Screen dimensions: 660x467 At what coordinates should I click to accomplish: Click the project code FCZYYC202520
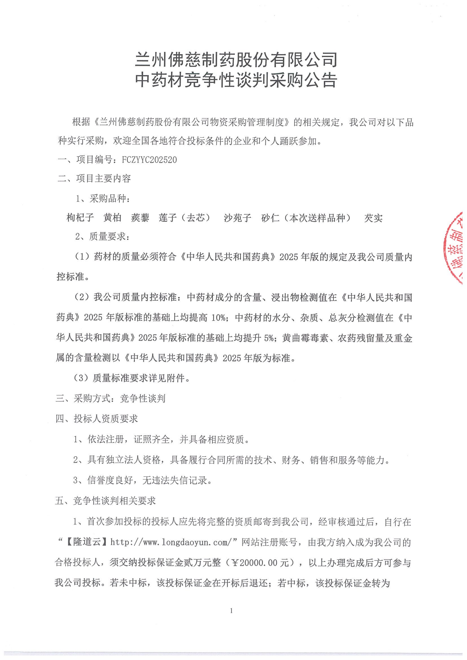click(149, 160)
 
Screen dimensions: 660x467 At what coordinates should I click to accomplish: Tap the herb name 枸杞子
click(80, 218)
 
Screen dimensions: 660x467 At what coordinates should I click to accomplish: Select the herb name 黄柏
click(112, 218)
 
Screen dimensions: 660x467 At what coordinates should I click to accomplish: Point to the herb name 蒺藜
click(140, 218)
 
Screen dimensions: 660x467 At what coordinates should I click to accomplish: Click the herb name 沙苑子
click(237, 218)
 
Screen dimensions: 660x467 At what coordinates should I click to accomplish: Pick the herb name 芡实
click(373, 218)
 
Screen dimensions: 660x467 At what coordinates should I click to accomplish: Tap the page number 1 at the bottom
click(231, 611)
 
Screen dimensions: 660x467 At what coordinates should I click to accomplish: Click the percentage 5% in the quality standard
click(268, 338)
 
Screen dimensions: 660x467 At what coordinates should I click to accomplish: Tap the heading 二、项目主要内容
click(94, 178)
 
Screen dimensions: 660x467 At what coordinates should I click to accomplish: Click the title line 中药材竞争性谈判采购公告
click(236, 80)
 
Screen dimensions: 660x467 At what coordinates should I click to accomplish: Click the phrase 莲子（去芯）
click(185, 218)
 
